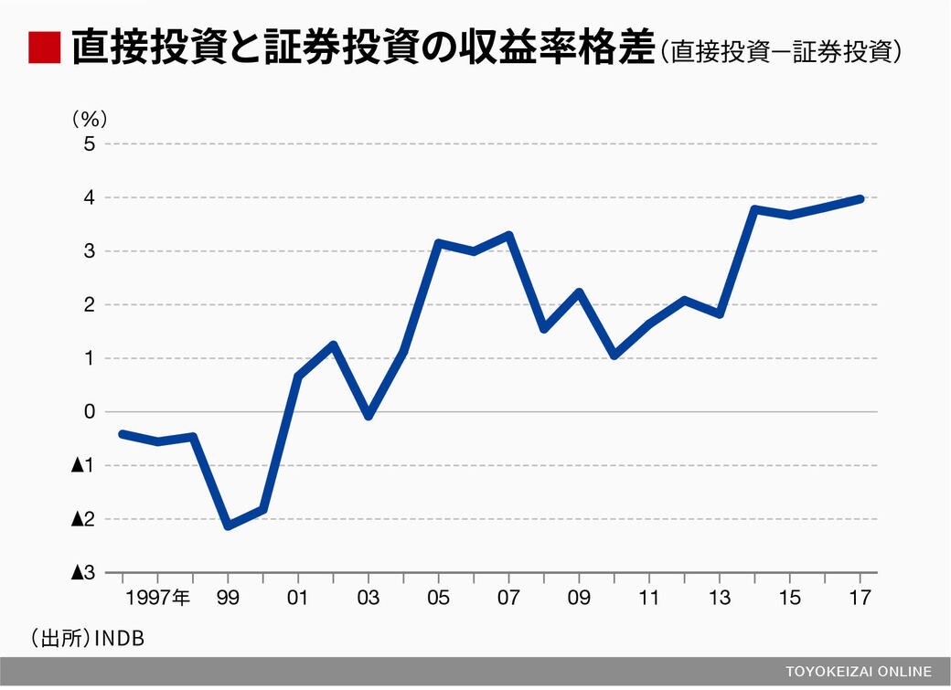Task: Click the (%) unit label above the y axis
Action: [x=90, y=118]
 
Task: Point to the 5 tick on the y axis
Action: [x=90, y=144]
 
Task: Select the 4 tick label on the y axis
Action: [x=90, y=197]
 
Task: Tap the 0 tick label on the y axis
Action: [x=90, y=412]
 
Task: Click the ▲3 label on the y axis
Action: [x=84, y=572]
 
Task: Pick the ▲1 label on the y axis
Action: [x=84, y=465]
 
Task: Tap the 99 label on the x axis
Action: [x=228, y=599]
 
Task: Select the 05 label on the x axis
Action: [x=439, y=599]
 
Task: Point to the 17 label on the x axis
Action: [x=860, y=599]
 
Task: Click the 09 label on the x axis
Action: [x=579, y=599]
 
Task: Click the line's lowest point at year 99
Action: [x=228, y=525]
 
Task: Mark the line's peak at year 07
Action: [x=509, y=235]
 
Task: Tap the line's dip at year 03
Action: [x=369, y=416]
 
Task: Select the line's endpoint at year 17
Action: [x=860, y=198]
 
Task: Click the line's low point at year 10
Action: [x=614, y=355]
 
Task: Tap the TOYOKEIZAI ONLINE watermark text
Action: [x=859, y=671]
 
